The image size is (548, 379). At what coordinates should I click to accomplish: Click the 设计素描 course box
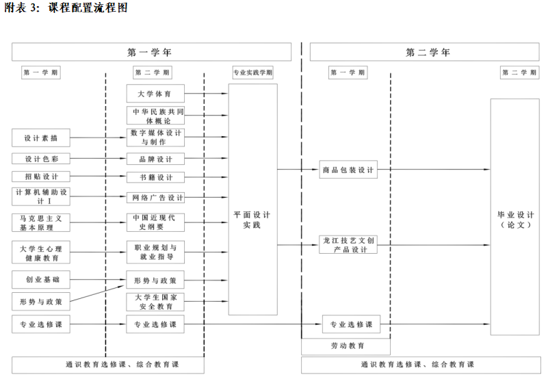[x=41, y=138]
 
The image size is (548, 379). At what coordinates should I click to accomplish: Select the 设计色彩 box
[x=41, y=159]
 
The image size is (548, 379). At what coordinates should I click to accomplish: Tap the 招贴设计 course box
[x=41, y=177]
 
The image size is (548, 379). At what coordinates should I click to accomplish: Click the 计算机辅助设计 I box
[x=41, y=197]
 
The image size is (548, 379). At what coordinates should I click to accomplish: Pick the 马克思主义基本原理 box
[x=41, y=222]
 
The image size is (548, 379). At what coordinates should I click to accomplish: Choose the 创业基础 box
[x=41, y=280]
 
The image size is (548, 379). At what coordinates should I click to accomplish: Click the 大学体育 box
[x=155, y=94]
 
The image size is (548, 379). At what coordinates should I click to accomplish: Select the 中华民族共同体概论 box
[x=155, y=116]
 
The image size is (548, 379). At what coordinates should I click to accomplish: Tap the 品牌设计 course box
[x=155, y=159]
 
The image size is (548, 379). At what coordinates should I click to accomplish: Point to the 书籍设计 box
[x=155, y=178]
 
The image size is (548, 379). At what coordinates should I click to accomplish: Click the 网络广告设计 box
[x=155, y=198]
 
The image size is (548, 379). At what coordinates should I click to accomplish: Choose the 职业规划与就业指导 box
[x=155, y=252]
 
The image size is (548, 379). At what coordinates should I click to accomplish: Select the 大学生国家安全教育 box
[x=155, y=302]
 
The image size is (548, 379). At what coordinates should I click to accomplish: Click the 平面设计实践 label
[x=252, y=220]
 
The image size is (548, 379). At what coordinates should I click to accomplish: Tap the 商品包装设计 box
[x=348, y=170]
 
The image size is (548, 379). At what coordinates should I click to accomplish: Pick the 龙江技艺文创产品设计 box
[x=348, y=245]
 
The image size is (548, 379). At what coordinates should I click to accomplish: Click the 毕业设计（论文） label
[x=514, y=219]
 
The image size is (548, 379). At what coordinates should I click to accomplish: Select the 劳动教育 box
[x=345, y=346]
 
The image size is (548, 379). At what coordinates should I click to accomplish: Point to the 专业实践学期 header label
[x=252, y=73]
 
